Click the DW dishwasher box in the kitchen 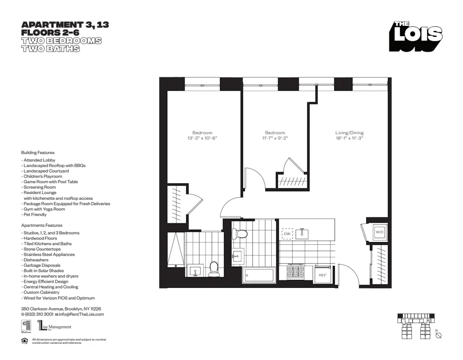point(287,234)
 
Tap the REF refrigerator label point(322,275)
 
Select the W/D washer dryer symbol point(379,232)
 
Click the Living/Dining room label point(350,133)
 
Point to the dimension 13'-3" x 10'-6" point(202,138)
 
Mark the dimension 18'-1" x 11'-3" point(350,138)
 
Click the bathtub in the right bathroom point(259,276)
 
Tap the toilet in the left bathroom point(213,269)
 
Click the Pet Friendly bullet point(34,215)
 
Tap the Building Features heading point(38,152)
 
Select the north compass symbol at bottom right point(438,335)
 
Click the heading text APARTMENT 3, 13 point(65,25)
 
